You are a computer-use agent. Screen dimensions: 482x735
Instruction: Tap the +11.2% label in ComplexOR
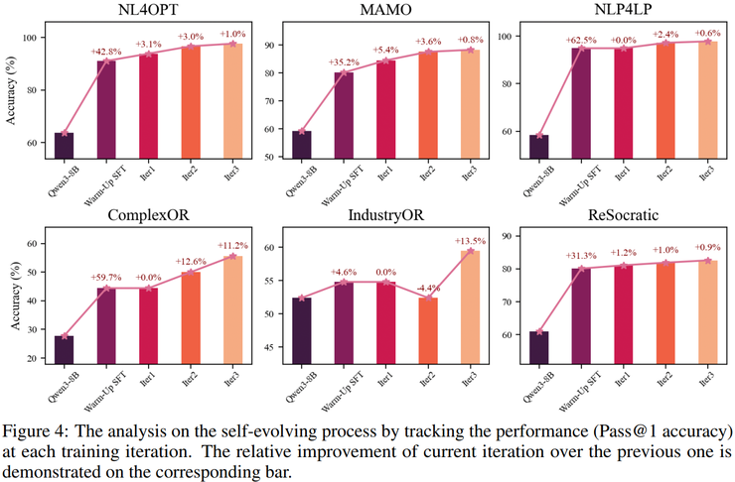click(234, 245)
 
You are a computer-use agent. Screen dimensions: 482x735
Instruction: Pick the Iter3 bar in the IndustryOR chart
click(471, 307)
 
